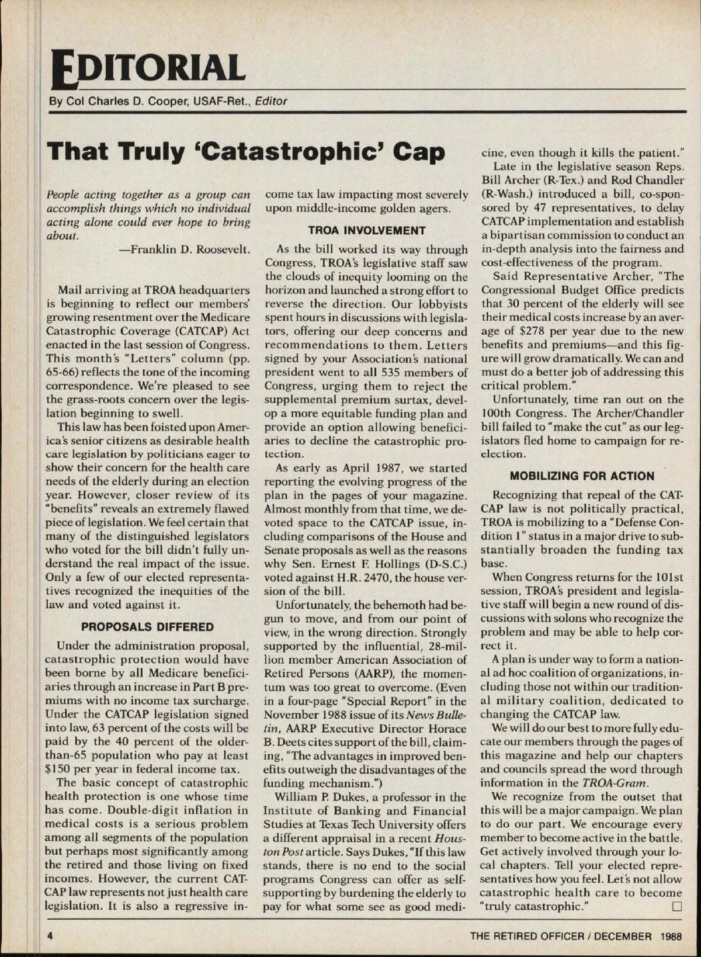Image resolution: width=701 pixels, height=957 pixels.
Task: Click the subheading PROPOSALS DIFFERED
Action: click(x=148, y=627)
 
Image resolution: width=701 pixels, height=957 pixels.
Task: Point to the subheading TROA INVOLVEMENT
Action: click(x=366, y=231)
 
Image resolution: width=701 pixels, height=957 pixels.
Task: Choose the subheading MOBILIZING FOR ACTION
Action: click(x=582, y=476)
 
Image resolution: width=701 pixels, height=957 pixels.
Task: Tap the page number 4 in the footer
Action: click(x=51, y=935)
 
